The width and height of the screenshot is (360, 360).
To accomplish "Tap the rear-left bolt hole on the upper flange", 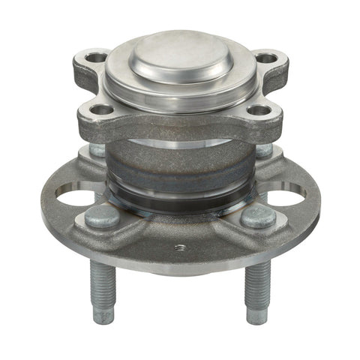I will click(97, 57).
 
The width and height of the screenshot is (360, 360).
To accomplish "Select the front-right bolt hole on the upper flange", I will click(259, 111).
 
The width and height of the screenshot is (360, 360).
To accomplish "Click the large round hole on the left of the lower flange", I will click(75, 199).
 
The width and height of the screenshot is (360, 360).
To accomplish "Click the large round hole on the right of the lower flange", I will click(286, 199).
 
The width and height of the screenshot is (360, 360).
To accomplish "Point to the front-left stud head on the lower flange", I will click(102, 217).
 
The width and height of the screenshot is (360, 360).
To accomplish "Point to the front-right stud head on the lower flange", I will click(258, 217).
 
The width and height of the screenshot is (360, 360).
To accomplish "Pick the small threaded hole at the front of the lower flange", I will click(180, 246).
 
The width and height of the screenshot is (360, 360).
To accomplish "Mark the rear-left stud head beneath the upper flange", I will click(97, 149).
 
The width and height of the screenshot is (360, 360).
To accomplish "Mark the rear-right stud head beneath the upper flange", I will click(263, 149).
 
